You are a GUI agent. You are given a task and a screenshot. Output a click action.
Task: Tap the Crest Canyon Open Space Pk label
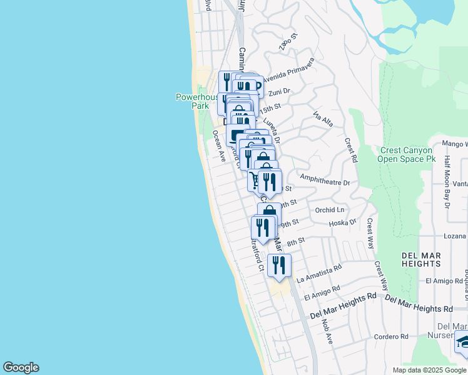point(405,154)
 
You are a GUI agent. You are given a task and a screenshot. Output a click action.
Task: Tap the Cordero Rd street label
point(392,337)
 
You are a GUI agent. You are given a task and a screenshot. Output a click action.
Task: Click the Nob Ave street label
point(327,331)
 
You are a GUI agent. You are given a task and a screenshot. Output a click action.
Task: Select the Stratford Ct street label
point(257,253)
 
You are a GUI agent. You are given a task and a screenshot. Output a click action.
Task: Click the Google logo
point(21,367)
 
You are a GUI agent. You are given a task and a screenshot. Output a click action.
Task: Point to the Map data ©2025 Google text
point(429,370)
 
